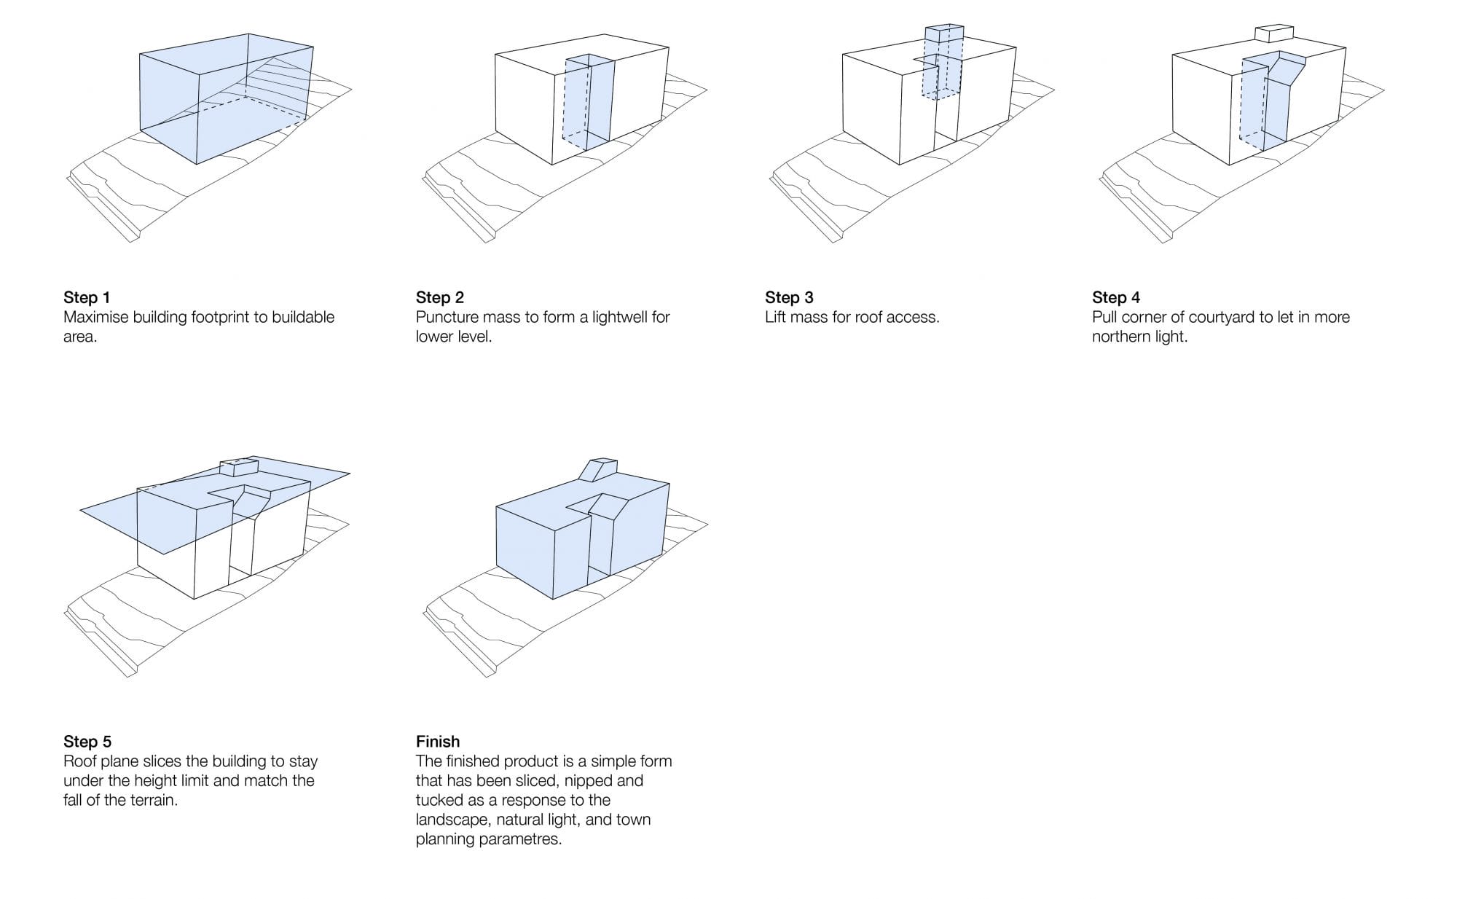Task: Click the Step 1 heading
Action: click(x=87, y=297)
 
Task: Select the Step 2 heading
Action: click(x=439, y=297)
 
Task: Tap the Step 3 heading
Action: click(x=789, y=297)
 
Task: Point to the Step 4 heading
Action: click(x=1115, y=297)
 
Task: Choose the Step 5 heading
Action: click(x=87, y=742)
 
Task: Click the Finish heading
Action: click(x=438, y=742)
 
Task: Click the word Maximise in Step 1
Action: click(x=95, y=317)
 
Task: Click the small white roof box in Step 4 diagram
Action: click(x=1273, y=34)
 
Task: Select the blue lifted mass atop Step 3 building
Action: click(x=943, y=40)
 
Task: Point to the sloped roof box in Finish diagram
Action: click(x=599, y=470)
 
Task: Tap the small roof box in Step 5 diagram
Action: click(x=239, y=466)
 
